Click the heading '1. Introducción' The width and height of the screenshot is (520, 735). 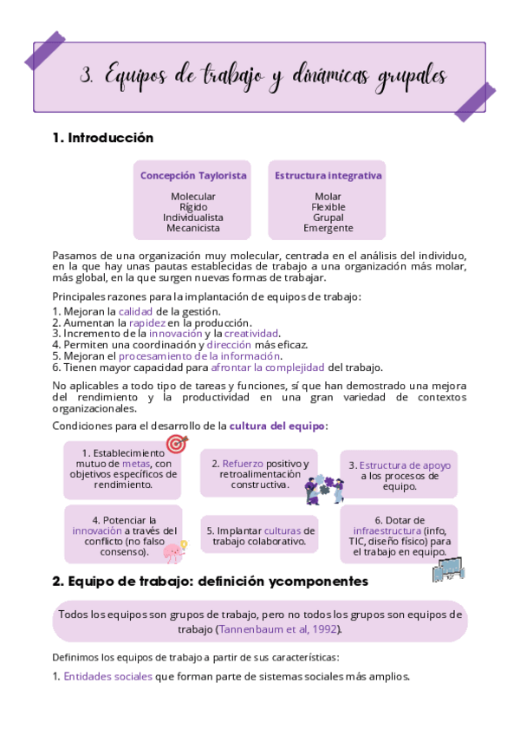102,138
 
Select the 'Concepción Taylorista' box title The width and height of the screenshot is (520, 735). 193,175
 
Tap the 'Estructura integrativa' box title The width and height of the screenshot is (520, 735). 328,175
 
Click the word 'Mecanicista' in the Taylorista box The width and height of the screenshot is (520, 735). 193,228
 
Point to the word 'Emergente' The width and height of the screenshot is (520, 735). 328,228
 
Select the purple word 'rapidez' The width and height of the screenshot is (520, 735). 147,322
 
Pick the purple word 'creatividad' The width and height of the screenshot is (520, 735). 251,333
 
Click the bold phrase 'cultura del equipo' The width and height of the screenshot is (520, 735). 277,426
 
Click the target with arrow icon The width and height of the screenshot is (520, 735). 177,445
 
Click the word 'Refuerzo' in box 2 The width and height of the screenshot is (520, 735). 243,463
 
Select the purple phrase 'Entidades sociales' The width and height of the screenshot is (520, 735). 107,676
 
